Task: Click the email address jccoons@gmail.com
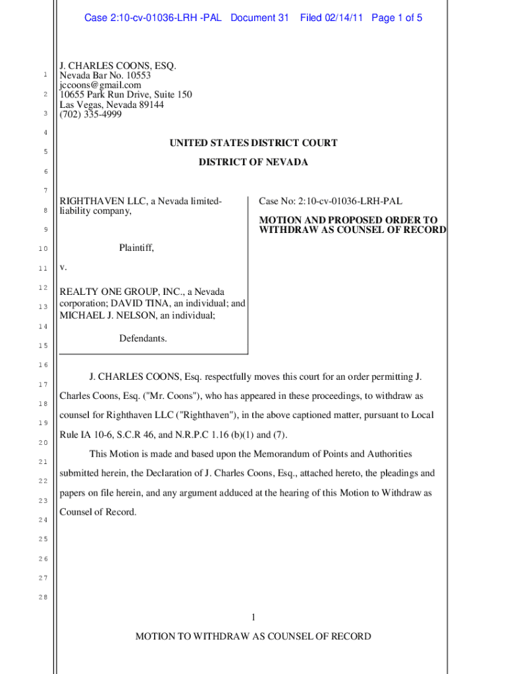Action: click(100, 85)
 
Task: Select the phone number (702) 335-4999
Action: click(90, 115)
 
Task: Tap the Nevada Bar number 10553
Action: click(137, 75)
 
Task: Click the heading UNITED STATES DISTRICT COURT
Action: click(253, 143)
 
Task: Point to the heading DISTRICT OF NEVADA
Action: click(253, 162)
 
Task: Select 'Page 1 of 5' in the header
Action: click(396, 18)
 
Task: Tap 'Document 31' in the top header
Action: click(259, 18)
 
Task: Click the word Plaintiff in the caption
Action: click(136, 248)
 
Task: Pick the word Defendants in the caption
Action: click(143, 338)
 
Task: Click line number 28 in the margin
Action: click(41, 598)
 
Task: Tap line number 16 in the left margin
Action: click(41, 365)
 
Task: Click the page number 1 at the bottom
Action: click(253, 617)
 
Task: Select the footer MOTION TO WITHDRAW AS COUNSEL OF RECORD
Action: click(253, 636)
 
